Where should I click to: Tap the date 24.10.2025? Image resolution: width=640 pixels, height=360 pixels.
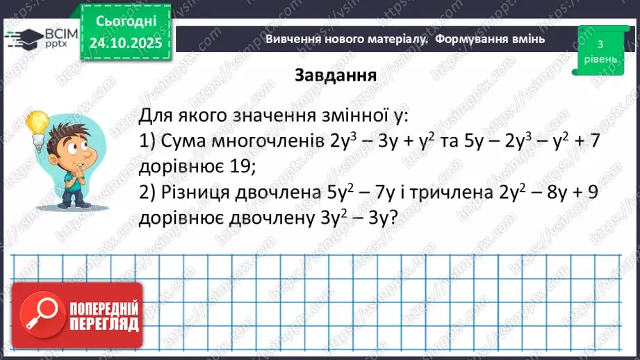124,43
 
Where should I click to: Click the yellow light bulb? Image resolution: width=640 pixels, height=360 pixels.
36,125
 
